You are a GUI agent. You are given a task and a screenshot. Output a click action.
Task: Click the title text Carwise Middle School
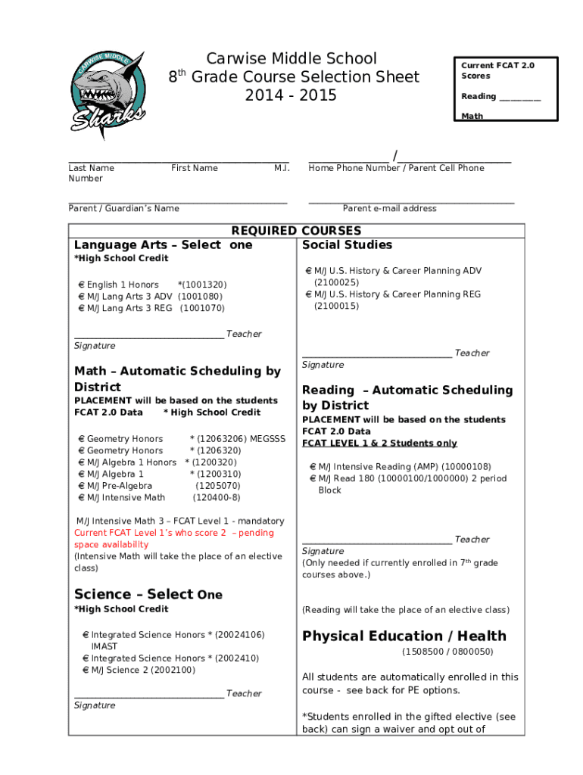291,58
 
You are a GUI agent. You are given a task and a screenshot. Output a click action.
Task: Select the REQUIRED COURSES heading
296,230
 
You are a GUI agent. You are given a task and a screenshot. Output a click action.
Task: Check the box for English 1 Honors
82,285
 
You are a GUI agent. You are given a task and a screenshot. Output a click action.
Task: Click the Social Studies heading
347,244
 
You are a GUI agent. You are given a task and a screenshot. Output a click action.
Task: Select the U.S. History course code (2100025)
337,282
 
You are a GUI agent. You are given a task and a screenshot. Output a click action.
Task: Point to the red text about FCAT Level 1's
174,538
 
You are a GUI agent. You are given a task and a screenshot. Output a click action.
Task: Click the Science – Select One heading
148,594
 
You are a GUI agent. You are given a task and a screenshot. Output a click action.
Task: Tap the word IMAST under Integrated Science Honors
104,646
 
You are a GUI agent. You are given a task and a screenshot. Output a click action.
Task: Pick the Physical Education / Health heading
404,636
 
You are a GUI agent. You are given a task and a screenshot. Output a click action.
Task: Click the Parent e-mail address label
389,208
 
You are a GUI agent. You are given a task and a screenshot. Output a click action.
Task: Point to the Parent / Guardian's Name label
123,208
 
